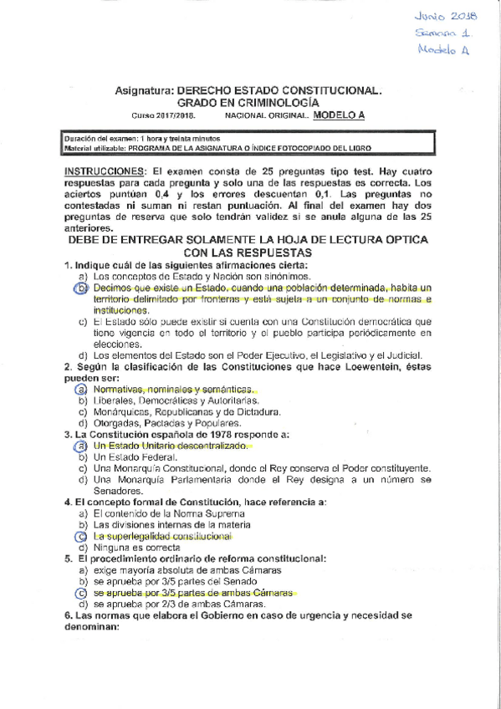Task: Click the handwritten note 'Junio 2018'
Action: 444,14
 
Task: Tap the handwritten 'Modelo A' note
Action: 445,51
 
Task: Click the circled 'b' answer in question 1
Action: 82,288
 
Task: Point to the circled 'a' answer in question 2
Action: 81,390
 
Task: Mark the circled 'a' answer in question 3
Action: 81,447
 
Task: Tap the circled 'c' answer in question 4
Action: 81,536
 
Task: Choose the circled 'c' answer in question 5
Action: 81,593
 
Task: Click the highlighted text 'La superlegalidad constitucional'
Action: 162,536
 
